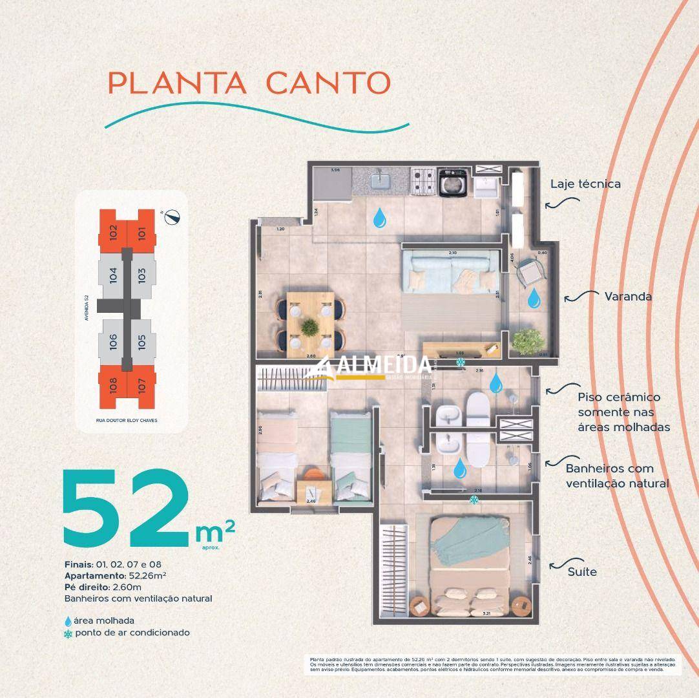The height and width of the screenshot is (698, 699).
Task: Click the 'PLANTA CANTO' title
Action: pyautogui.click(x=249, y=83)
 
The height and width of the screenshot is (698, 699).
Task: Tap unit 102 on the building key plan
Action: pyautogui.click(x=112, y=231)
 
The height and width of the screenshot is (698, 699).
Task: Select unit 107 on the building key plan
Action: pyautogui.click(x=142, y=386)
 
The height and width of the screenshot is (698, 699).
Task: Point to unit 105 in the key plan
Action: pyautogui.click(x=142, y=340)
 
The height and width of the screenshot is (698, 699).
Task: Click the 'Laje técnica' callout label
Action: pyautogui.click(x=585, y=184)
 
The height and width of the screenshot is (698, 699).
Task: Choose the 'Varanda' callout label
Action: pyautogui.click(x=628, y=297)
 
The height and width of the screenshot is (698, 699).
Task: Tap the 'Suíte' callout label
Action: pyautogui.click(x=582, y=571)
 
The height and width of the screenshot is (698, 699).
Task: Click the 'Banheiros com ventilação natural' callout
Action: pyautogui.click(x=617, y=476)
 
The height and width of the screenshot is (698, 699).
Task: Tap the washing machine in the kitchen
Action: pyautogui.click(x=454, y=182)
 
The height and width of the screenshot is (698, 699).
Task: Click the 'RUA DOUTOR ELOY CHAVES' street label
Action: pyautogui.click(x=126, y=420)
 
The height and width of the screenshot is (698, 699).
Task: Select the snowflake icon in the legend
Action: pyautogui.click(x=68, y=633)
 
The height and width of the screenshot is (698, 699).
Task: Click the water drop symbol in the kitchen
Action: pyautogui.click(x=381, y=218)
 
